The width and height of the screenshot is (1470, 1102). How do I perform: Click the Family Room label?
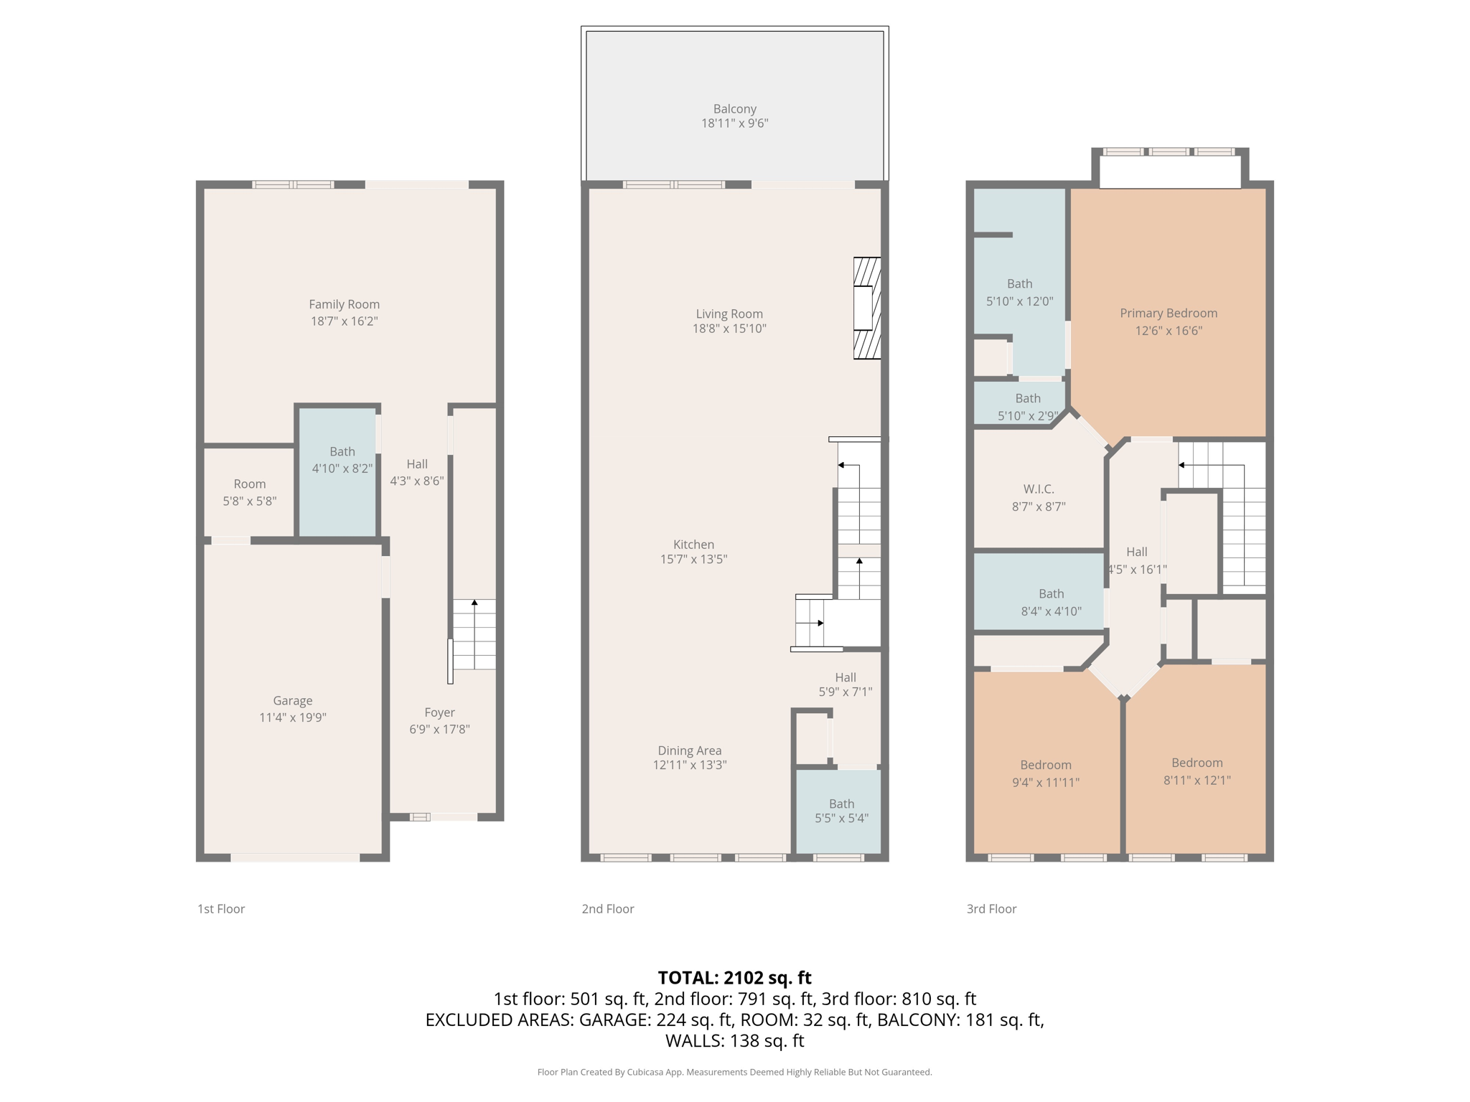click(344, 304)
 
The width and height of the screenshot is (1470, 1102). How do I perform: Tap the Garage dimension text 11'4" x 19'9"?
click(292, 717)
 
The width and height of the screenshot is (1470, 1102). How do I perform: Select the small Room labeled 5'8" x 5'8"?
click(249, 492)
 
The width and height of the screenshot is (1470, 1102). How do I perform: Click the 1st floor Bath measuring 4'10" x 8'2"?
click(342, 460)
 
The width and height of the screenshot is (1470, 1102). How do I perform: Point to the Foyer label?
click(439, 712)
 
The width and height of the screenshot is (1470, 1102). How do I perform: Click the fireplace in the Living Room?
click(866, 308)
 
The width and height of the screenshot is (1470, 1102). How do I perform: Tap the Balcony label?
click(734, 109)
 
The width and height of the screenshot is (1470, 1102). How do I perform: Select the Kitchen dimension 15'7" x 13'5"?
click(693, 559)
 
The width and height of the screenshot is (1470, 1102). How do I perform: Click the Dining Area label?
click(689, 750)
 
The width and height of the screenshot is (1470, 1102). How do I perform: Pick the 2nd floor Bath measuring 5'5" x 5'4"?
click(841, 811)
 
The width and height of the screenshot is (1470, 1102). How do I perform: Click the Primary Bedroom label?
click(1168, 313)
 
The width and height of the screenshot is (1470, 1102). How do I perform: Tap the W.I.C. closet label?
click(1038, 489)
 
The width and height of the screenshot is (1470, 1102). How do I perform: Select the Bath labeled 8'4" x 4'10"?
click(1051, 602)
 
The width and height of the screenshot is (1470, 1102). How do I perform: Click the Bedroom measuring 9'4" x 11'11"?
click(1045, 773)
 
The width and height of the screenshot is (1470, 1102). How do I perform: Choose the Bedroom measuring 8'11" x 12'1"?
click(1197, 771)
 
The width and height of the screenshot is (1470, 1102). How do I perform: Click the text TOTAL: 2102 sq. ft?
click(734, 977)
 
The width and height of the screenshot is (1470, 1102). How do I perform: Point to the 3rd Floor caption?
click(991, 909)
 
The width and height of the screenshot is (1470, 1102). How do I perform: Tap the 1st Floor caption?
click(221, 909)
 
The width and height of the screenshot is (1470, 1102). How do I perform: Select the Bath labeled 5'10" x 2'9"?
click(1027, 407)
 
